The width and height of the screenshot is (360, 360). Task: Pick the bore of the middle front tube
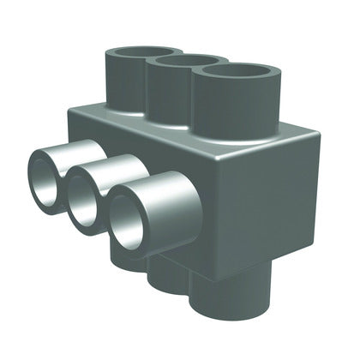coord(85,198)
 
